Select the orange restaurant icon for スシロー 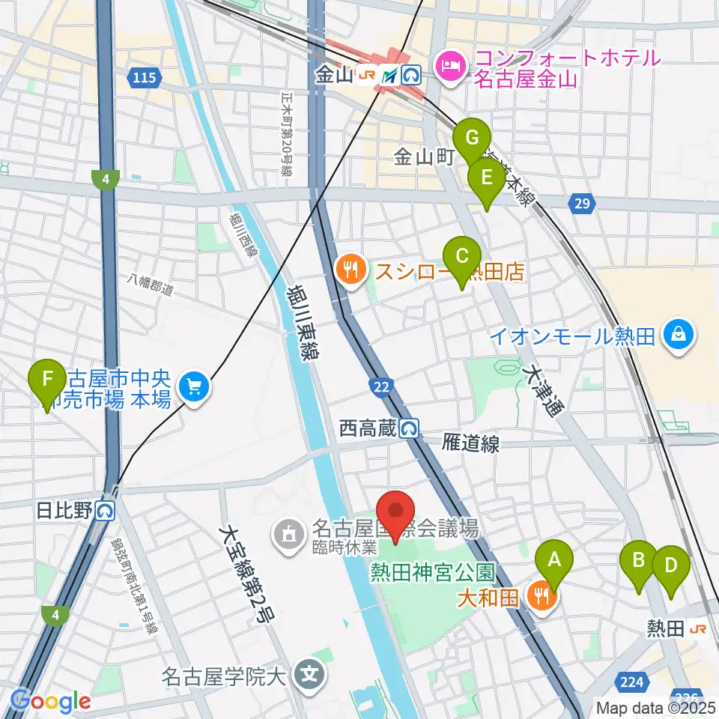(x=350, y=269)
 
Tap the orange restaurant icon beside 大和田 (x=539, y=597)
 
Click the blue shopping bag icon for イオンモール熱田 (x=679, y=335)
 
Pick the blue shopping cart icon (x=195, y=387)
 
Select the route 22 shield (x=380, y=386)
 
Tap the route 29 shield (x=583, y=202)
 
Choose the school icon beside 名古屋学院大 (x=309, y=673)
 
